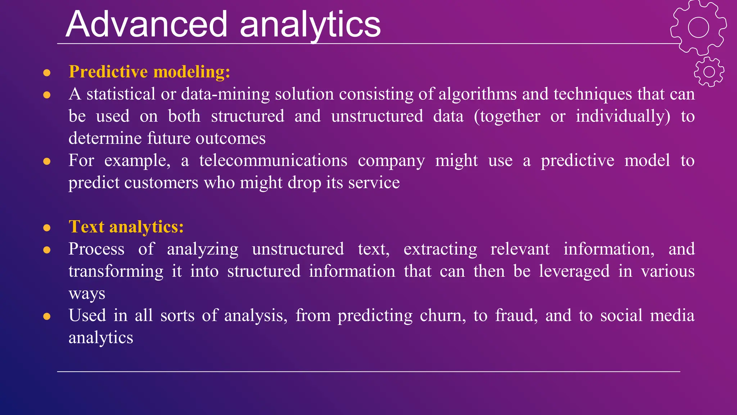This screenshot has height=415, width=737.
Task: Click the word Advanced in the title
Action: click(x=146, y=24)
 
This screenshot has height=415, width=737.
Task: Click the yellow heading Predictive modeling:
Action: click(x=149, y=72)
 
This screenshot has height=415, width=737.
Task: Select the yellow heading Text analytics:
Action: click(x=126, y=227)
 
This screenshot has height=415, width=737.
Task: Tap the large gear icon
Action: click(x=698, y=28)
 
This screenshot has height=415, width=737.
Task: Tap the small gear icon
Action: click(x=709, y=72)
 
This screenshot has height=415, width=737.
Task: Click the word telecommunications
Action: click(x=273, y=161)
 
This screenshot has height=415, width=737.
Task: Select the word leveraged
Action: click(x=574, y=271)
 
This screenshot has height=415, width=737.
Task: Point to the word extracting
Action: click(x=440, y=249)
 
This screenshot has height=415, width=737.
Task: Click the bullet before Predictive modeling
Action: click(x=47, y=73)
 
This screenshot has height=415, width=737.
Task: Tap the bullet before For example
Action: click(x=47, y=161)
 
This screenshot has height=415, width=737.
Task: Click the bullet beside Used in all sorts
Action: click(x=47, y=317)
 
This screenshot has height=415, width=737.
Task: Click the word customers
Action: click(x=161, y=183)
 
